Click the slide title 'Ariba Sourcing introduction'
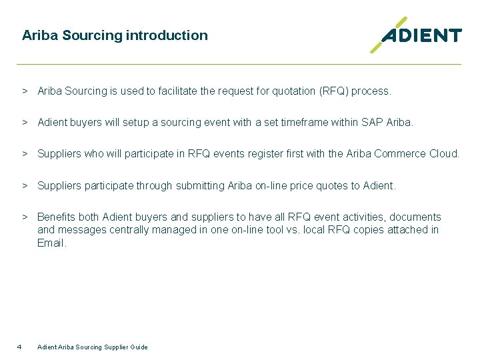click(115, 35)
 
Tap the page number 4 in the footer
click(19, 347)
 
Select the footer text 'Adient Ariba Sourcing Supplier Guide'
click(93, 347)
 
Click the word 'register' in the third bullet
click(275, 154)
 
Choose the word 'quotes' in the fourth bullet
click(333, 186)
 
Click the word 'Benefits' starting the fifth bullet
click(57, 217)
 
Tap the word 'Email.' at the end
click(52, 243)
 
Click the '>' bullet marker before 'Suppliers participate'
click(24, 186)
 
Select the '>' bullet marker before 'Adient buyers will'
click(24, 123)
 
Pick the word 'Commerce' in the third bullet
click(400, 154)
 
